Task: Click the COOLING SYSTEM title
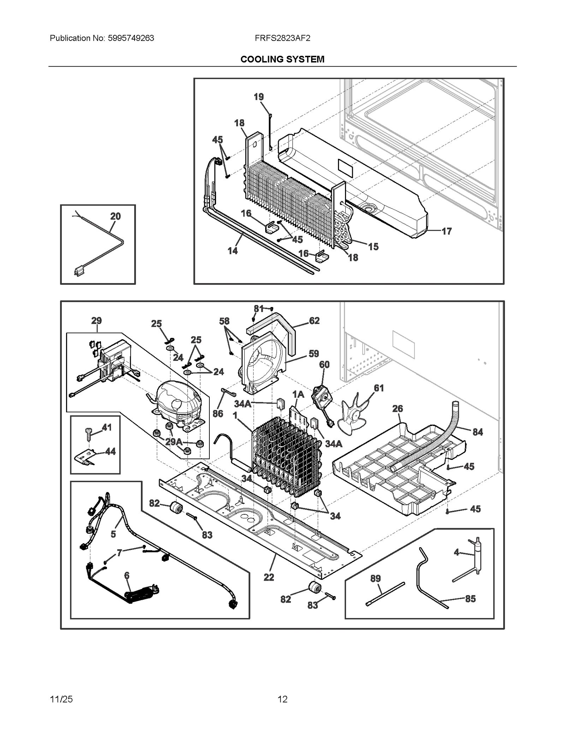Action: [282, 59]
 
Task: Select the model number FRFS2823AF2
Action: [282, 38]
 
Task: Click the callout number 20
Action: [115, 216]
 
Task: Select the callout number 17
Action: [447, 232]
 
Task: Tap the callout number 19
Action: [259, 97]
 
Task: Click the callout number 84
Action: [477, 432]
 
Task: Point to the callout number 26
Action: [398, 409]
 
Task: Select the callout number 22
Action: [269, 577]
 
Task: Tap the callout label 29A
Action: [174, 442]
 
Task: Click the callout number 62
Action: [314, 320]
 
